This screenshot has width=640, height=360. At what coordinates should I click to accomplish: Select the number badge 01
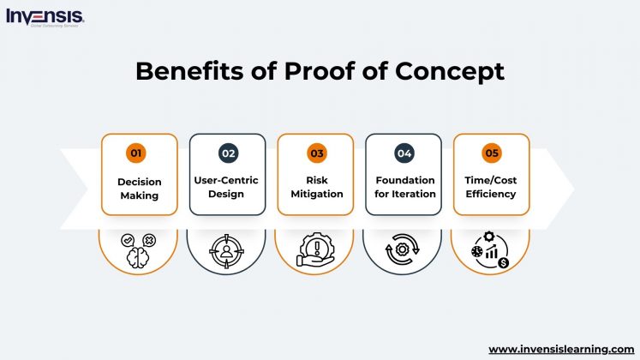(x=135, y=153)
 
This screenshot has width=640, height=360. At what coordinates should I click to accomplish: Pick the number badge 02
(x=228, y=153)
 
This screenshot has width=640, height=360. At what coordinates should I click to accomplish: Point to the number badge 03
(x=317, y=153)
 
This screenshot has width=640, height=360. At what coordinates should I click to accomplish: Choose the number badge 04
(x=404, y=153)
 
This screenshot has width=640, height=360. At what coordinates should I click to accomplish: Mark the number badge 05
(x=492, y=153)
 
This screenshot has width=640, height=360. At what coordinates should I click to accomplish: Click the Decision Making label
(x=140, y=188)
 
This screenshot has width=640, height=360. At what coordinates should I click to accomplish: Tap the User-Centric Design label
(x=227, y=187)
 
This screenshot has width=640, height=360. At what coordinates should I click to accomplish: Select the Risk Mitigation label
(x=317, y=187)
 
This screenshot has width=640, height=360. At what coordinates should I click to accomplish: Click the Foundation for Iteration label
(x=405, y=187)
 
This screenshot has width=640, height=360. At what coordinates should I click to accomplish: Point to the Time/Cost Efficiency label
(x=492, y=187)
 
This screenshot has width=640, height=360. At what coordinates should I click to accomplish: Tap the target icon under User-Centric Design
(x=227, y=250)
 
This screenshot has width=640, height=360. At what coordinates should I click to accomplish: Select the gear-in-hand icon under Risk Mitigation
(x=316, y=250)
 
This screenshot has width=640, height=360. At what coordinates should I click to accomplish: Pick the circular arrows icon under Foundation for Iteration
(x=404, y=250)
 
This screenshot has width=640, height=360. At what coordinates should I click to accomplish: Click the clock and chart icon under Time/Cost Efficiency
(x=491, y=249)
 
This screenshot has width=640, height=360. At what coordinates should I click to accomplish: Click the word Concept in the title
(x=449, y=73)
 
